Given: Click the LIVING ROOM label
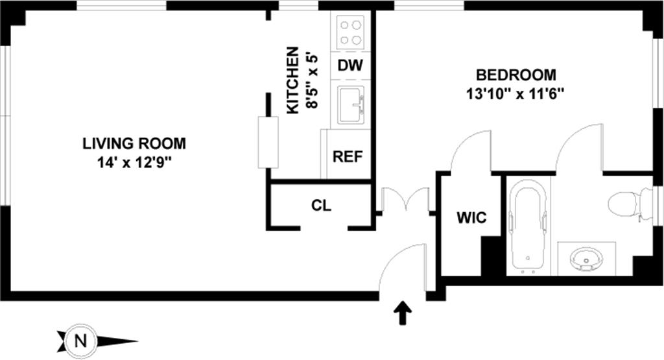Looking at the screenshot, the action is pos(134,143).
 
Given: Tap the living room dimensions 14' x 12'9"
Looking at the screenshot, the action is pos(134,162).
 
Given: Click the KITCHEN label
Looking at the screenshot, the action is pos(293,80).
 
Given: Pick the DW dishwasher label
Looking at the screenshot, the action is pos(350,65).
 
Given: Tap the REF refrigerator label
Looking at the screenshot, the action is pos(348,156).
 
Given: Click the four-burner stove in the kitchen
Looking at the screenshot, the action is pos(351,31).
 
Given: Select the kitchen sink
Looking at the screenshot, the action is pos(351,104).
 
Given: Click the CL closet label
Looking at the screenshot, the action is pos(321,206).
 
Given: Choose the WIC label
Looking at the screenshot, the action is pos(471,218).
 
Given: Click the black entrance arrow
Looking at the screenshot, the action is pos(403,313).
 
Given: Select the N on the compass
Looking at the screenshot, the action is pos(80,340).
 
